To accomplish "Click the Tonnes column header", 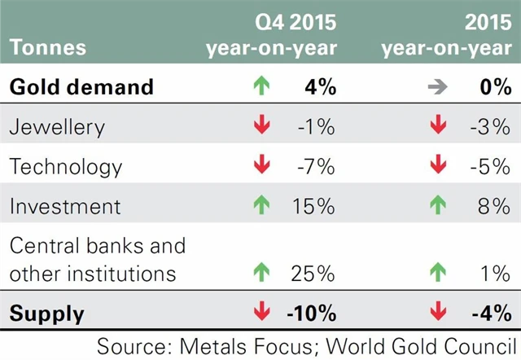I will point(48,47).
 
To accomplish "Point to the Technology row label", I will point(66,167).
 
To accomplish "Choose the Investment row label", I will point(66,206).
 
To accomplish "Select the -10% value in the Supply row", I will point(310,312).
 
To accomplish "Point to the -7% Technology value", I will point(315,167).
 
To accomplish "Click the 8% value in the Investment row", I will point(494,206).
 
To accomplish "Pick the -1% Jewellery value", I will point(316,128).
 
